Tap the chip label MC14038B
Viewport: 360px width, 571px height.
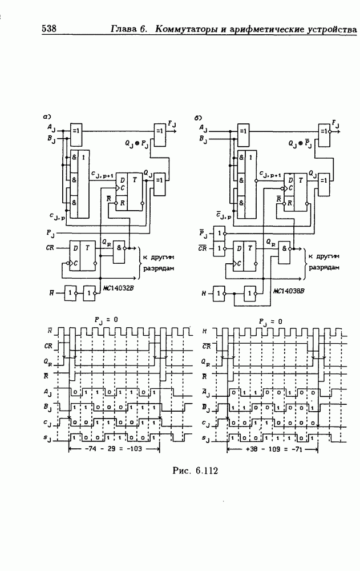(x=288, y=290)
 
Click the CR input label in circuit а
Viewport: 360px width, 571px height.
(x=50, y=248)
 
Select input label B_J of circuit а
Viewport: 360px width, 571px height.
(x=51, y=138)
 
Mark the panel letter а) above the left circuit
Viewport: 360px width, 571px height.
(x=48, y=116)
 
